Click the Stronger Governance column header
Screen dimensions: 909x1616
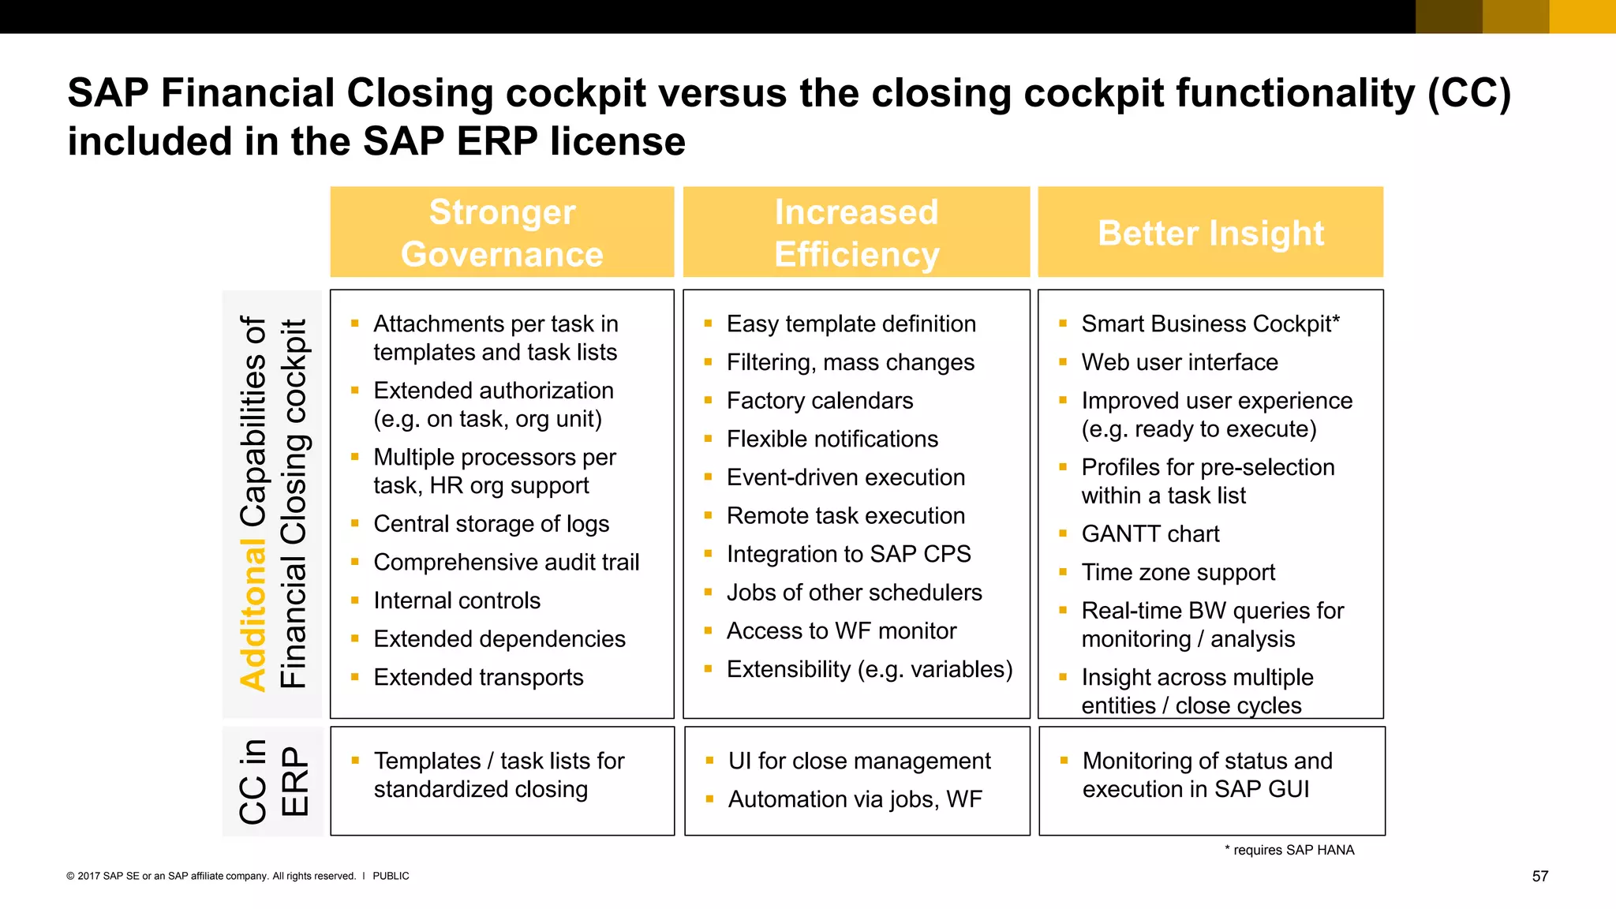(x=502, y=233)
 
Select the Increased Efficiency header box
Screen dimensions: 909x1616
(x=856, y=233)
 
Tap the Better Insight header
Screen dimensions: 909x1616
(x=1210, y=233)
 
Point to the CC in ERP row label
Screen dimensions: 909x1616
(x=273, y=781)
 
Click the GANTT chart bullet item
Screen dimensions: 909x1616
(x=1150, y=534)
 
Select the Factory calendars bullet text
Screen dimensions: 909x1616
(x=819, y=401)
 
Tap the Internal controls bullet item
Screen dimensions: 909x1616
(x=457, y=600)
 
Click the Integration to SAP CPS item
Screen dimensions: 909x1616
(x=848, y=554)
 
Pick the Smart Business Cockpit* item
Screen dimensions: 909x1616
(x=1210, y=324)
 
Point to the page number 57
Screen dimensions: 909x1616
(x=1539, y=876)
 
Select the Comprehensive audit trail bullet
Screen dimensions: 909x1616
(x=506, y=563)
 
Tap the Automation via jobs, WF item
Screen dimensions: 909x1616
(x=855, y=799)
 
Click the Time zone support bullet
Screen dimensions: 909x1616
(x=1177, y=572)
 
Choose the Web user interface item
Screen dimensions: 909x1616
(x=1179, y=362)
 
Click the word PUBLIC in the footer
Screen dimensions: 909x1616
(x=391, y=876)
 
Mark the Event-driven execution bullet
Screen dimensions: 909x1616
(x=845, y=477)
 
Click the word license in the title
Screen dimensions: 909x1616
(x=617, y=142)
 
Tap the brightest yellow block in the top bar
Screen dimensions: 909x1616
(x=1582, y=17)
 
